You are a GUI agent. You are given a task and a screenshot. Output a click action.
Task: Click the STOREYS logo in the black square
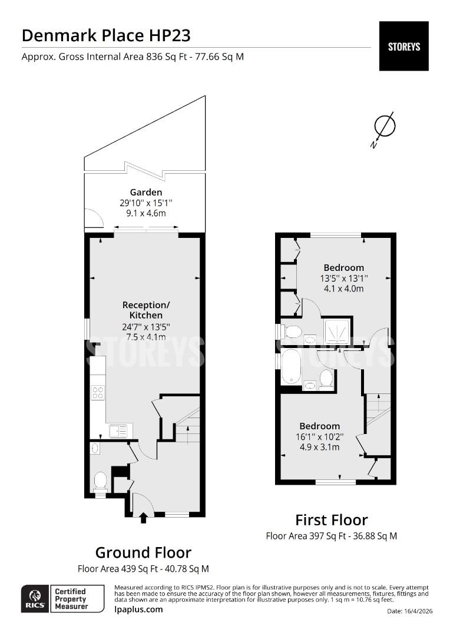[403, 47]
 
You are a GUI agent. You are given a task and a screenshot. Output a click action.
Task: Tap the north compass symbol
[383, 127]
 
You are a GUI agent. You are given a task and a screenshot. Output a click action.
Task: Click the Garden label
[146, 192]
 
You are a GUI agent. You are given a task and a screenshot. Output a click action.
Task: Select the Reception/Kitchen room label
[146, 310]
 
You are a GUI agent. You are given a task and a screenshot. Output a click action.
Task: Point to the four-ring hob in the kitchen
[98, 392]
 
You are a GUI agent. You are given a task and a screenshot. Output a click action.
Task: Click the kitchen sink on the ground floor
[118, 430]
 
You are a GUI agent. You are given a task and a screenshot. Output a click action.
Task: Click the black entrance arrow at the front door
[143, 518]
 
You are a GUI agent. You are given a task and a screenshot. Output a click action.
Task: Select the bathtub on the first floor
[291, 367]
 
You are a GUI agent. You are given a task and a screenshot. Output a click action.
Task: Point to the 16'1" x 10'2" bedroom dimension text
[320, 437]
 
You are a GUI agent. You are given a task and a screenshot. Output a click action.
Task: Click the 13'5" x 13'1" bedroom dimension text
[344, 278]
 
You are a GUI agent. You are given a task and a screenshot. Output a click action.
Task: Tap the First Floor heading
[331, 520]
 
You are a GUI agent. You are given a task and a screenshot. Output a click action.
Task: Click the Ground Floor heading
[143, 552]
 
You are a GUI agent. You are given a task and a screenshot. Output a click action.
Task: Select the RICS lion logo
[35, 599]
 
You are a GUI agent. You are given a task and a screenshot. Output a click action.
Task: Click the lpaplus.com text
[138, 609]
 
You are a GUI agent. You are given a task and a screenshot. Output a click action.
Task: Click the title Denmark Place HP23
[106, 36]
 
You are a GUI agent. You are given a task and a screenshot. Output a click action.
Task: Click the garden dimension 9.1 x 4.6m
[146, 213]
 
